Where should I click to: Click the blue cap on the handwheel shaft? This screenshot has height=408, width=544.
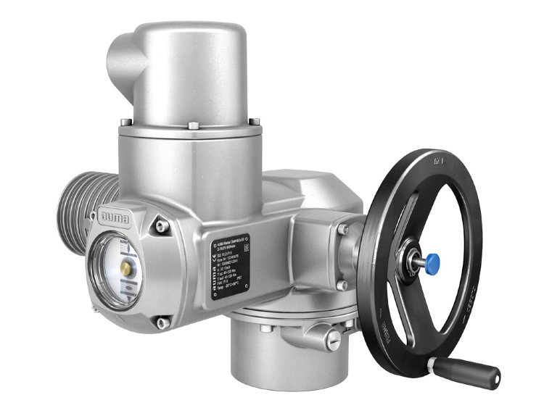433,259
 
